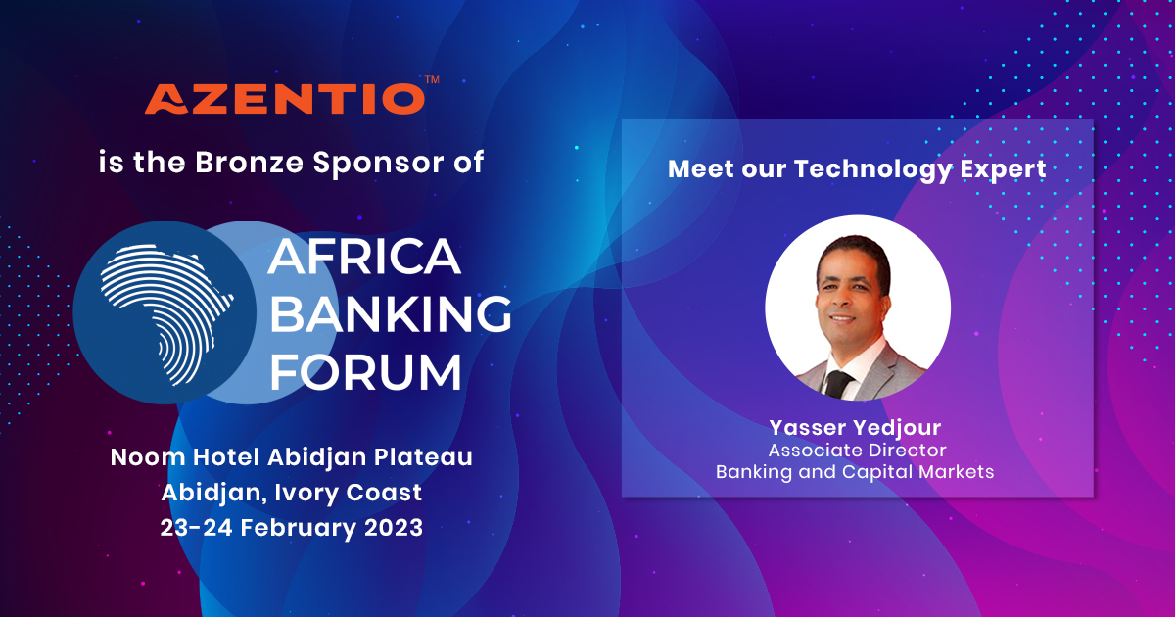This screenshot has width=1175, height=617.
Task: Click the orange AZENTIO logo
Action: pyautogui.click(x=285, y=99)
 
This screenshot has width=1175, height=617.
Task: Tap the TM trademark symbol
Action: pyautogui.click(x=432, y=79)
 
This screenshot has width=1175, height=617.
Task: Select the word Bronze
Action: pyautogui.click(x=249, y=163)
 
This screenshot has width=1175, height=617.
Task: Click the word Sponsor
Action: pyautogui.click(x=378, y=164)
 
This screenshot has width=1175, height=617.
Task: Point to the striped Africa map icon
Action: pyautogui.click(x=166, y=312)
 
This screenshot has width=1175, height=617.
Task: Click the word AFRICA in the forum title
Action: pyautogui.click(x=364, y=257)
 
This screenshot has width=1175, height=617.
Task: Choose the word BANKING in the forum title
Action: pyautogui.click(x=391, y=313)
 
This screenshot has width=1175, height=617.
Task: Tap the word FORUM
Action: pyautogui.click(x=365, y=371)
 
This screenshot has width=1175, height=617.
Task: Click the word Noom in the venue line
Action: pyautogui.click(x=148, y=457)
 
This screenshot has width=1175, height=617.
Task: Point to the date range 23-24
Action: pyautogui.click(x=196, y=527)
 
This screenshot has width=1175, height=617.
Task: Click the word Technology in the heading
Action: pyautogui.click(x=872, y=169)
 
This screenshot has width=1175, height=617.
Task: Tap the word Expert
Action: pyautogui.click(x=1003, y=169)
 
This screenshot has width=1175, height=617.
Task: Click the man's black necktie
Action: pyautogui.click(x=839, y=384)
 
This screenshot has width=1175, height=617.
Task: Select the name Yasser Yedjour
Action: pyautogui.click(x=855, y=428)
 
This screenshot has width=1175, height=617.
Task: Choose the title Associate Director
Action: pyautogui.click(x=857, y=451)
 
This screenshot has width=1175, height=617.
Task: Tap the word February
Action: pyautogui.click(x=298, y=528)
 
